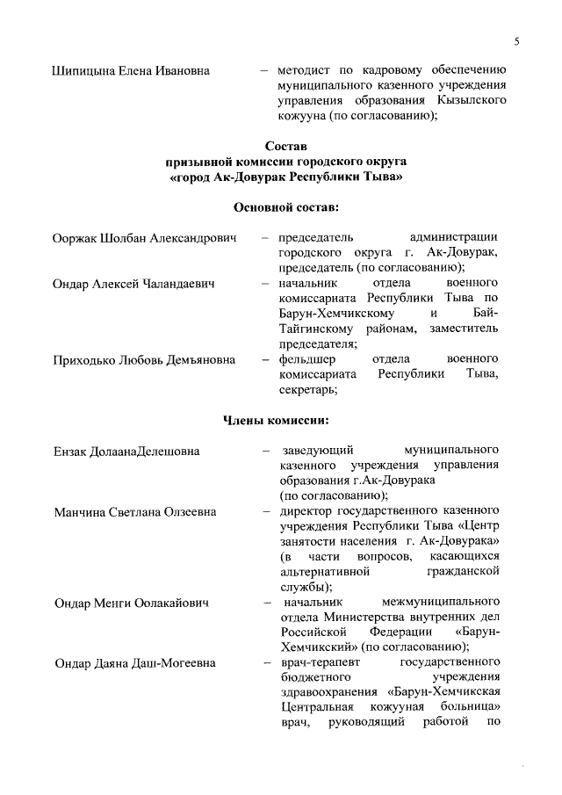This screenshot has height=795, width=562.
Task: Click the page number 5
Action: click(517, 41)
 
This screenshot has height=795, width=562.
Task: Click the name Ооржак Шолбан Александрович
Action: click(145, 238)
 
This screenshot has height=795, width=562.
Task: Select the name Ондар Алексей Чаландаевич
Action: click(135, 284)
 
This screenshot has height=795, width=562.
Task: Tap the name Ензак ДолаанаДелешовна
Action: click(126, 452)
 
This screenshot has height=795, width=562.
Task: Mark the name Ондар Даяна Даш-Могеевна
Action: click(134, 662)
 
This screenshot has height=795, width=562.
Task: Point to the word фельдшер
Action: click(305, 359)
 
